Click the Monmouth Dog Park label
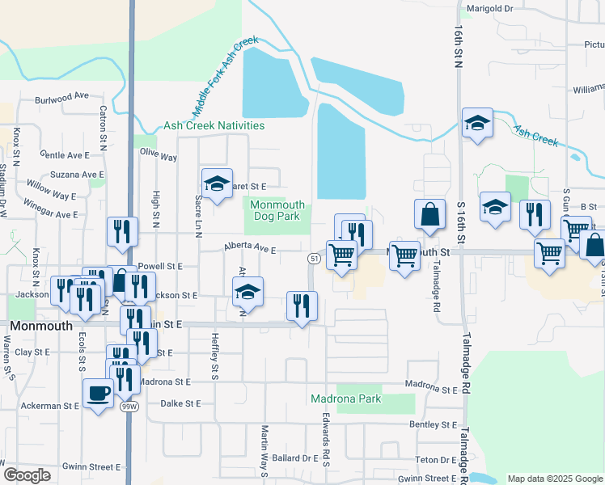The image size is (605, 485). pos(277,210)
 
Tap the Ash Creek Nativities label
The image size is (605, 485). pos(214,125)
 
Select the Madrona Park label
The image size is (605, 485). pos(345,399)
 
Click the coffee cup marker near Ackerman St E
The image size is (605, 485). pos(99,394)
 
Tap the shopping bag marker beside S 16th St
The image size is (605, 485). pos(429,215)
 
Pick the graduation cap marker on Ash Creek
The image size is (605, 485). pos(477,124)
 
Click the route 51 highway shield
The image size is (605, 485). pos(313,258)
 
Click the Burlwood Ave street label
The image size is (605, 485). pos(61,95)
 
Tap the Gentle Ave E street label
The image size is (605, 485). pos(64,154)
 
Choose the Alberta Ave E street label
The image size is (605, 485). pos(250,250)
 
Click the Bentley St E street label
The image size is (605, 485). pos(434,424)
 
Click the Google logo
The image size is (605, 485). pos(27,474)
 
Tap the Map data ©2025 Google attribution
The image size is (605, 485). pos(554,479)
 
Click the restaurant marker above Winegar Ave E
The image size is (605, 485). pos(122,230)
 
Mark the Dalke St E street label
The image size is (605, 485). pos(180,403)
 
